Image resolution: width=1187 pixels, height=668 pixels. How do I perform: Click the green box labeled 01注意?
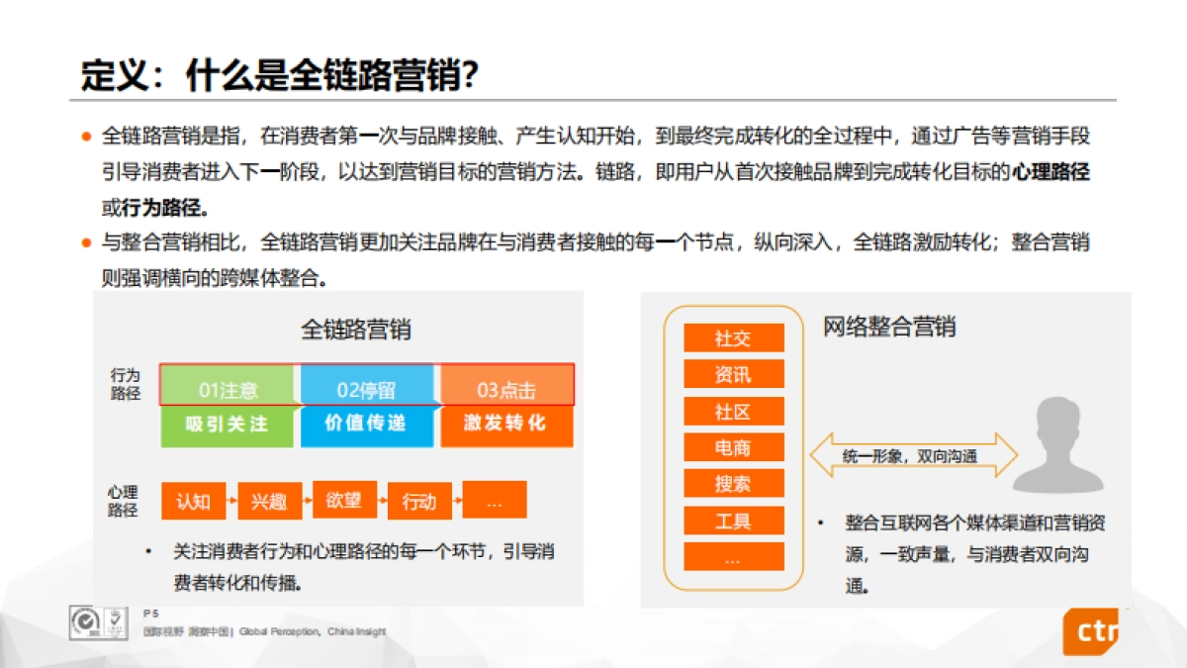click(x=228, y=389)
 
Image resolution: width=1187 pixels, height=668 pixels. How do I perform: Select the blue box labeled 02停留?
click(x=366, y=389)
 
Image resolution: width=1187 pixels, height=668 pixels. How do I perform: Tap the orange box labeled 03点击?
click(x=506, y=389)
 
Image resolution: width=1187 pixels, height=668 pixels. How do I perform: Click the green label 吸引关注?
click(x=228, y=424)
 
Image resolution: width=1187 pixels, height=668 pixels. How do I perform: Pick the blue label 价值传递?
click(x=366, y=424)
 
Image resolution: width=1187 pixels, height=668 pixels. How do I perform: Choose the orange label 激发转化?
click(x=505, y=424)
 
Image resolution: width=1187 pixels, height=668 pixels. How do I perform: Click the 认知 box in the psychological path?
click(x=193, y=501)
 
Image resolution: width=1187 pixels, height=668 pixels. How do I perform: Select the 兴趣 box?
click(x=268, y=501)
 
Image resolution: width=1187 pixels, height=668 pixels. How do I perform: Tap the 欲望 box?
click(x=343, y=500)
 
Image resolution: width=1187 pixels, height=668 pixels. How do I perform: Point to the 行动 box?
click(x=419, y=501)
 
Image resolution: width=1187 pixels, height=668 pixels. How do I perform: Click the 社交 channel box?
click(x=733, y=338)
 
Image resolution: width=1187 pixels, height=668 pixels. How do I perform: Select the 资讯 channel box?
click(x=733, y=374)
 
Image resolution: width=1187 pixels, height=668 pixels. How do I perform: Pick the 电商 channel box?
click(x=733, y=447)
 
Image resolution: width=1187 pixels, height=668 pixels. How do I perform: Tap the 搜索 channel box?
click(x=733, y=484)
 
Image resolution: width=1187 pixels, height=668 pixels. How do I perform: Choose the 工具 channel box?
click(x=733, y=521)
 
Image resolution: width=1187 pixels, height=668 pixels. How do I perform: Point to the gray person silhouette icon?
click(x=1057, y=446)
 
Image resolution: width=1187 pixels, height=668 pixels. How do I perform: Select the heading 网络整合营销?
click(x=889, y=327)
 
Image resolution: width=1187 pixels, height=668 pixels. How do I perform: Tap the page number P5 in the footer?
click(x=150, y=614)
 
